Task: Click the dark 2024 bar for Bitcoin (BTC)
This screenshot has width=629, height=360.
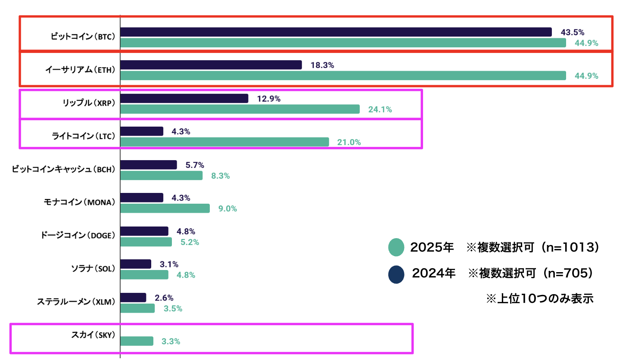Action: (x=336, y=32)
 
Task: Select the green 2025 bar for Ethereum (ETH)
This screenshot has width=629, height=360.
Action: (x=343, y=76)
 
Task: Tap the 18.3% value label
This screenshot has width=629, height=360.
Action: (x=322, y=65)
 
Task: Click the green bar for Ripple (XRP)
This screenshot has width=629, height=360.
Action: (x=240, y=109)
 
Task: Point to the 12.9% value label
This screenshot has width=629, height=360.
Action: (x=268, y=99)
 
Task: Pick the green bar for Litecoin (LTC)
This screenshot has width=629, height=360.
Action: (x=224, y=142)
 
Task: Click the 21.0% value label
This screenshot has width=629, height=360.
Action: (x=349, y=142)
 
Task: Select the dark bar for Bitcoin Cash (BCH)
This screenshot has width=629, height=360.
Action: (x=149, y=165)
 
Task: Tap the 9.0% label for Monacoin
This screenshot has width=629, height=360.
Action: (x=227, y=208)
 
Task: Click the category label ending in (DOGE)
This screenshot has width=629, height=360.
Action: (x=78, y=236)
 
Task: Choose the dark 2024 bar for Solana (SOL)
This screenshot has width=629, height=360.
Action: (x=136, y=264)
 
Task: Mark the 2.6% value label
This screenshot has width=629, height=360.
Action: (x=164, y=298)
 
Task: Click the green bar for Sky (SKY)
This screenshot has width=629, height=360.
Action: (x=137, y=341)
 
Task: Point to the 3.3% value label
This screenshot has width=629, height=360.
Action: (x=171, y=341)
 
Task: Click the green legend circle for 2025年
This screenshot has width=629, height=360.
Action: (x=396, y=247)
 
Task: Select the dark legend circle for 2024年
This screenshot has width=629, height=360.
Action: (x=396, y=274)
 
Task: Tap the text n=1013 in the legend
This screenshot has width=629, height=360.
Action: (x=570, y=247)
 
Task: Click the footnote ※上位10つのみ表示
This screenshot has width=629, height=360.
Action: (x=539, y=298)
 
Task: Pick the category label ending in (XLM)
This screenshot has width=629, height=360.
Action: (x=76, y=302)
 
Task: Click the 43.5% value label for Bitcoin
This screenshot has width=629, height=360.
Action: (x=572, y=32)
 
